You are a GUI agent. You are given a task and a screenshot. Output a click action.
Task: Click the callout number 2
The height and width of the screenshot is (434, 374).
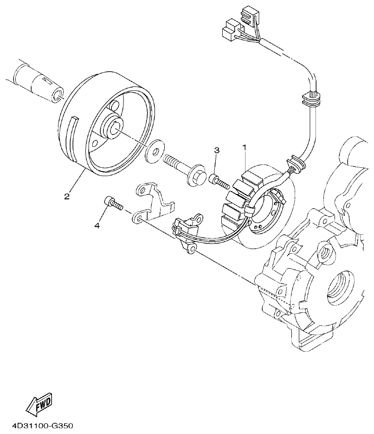[x=67, y=196]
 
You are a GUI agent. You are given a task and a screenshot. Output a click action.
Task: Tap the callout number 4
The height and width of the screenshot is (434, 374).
[x=97, y=225]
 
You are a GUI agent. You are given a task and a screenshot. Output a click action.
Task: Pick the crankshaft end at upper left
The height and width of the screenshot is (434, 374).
[x=42, y=82]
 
